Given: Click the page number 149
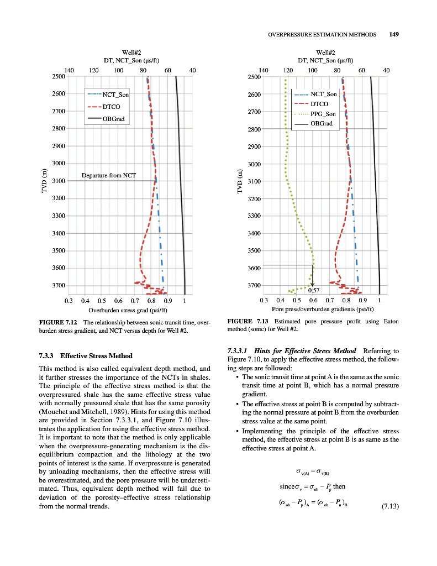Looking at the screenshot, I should [x=394, y=34].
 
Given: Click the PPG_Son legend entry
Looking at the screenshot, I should [x=323, y=114].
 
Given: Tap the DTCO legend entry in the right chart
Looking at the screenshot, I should [x=319, y=104].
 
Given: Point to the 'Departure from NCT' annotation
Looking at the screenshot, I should [x=109, y=175].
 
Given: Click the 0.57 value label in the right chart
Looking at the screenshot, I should [x=314, y=290].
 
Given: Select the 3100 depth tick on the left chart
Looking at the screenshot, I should [x=59, y=181].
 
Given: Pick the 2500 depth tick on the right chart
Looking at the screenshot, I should [x=254, y=77].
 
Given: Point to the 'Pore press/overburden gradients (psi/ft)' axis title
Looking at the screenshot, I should [x=320, y=310].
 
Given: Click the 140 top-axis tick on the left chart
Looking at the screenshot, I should [x=69, y=70].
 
